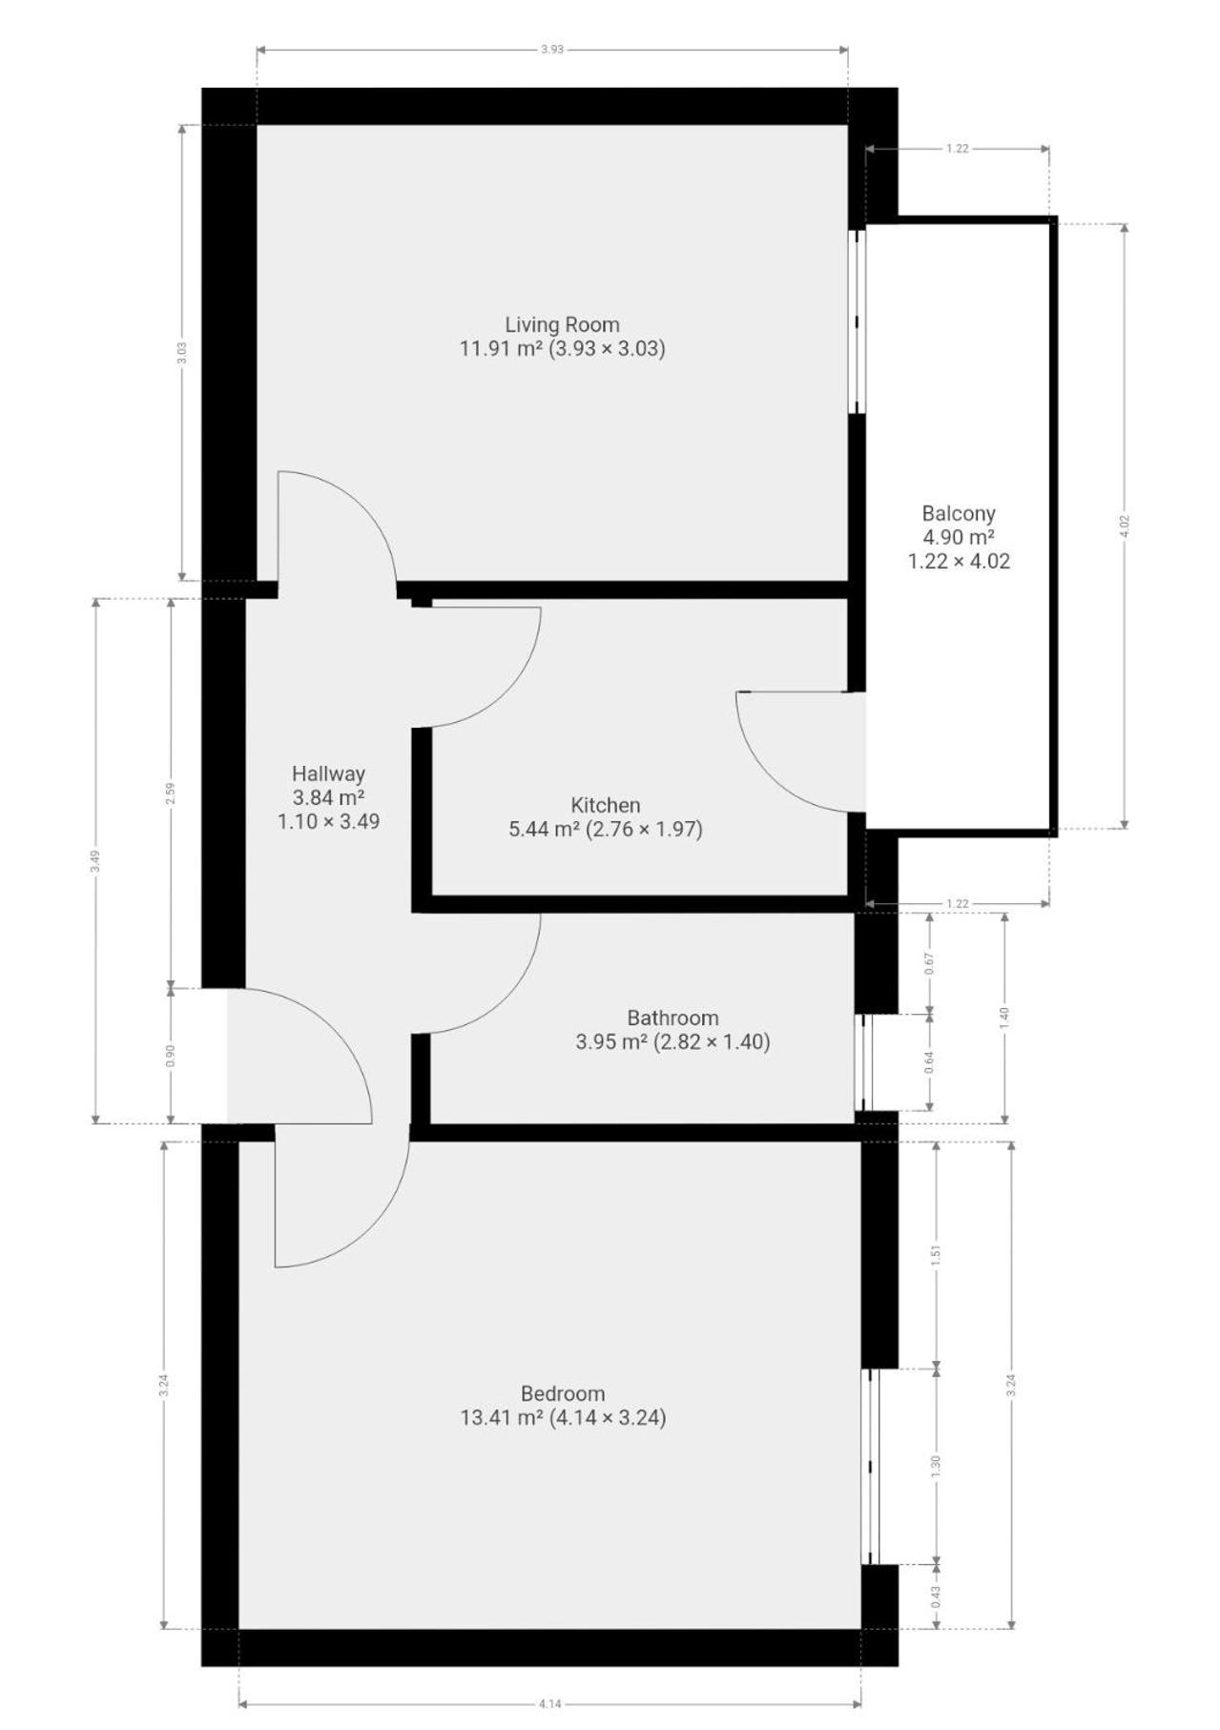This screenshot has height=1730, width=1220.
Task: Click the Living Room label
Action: pyautogui.click(x=562, y=324)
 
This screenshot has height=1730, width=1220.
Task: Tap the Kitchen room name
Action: pyautogui.click(x=605, y=805)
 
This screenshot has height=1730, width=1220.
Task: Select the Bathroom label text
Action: pyautogui.click(x=672, y=1018)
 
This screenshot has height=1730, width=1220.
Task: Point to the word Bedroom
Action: pyautogui.click(x=563, y=1393)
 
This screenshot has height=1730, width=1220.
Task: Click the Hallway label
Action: pyautogui.click(x=328, y=773)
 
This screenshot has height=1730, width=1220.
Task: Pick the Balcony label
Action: pyautogui.click(x=959, y=513)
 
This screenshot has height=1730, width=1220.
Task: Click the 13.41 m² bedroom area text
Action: pyautogui.click(x=502, y=1417)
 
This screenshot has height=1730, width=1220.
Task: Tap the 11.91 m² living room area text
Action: pyautogui.click(x=501, y=348)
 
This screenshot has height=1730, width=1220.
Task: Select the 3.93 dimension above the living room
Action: pyautogui.click(x=551, y=50)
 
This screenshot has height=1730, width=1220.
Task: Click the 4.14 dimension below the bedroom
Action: pyautogui.click(x=549, y=1703)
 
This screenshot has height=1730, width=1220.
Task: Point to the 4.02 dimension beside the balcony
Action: pyautogui.click(x=1124, y=525)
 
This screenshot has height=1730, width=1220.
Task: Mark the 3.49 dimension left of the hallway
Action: pyautogui.click(x=94, y=861)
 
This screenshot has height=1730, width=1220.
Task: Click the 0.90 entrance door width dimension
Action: pyautogui.click(x=171, y=1056)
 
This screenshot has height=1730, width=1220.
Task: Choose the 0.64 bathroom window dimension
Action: pyautogui.click(x=929, y=1061)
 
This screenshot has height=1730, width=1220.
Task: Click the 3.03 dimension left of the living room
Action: pyautogui.click(x=182, y=353)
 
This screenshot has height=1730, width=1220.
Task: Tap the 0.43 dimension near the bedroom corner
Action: pyautogui.click(x=936, y=1596)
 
